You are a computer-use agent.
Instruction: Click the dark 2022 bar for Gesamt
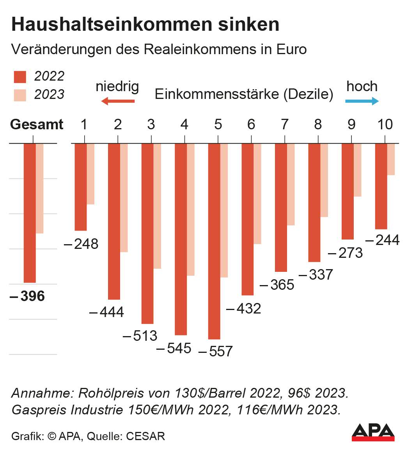click(30, 213)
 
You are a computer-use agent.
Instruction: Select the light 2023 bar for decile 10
click(391, 159)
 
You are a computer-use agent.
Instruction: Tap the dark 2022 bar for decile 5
click(214, 241)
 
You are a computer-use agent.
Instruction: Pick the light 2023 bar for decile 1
click(90, 174)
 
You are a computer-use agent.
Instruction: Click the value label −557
click(216, 351)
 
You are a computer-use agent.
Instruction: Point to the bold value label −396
click(27, 296)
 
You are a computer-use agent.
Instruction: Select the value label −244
click(383, 240)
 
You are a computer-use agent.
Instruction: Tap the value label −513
click(140, 336)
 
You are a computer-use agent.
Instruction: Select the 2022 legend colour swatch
click(20, 77)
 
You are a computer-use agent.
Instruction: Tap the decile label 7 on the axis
click(284, 125)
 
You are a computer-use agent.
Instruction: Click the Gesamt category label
click(37, 125)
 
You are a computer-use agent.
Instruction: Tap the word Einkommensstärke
click(217, 95)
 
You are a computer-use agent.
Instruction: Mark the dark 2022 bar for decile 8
click(314, 203)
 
